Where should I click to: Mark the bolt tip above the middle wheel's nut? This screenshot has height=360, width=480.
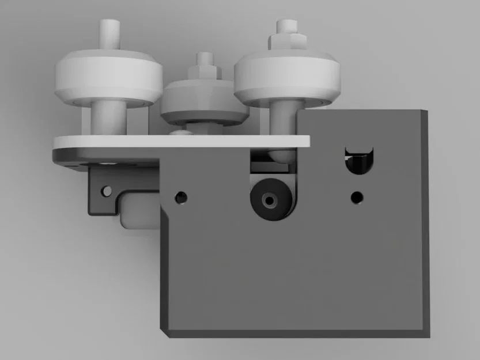pyautogui.click(x=203, y=58)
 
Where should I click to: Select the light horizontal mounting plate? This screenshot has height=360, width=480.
pyautogui.click(x=173, y=142)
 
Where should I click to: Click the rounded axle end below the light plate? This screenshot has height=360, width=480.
pyautogui.click(x=279, y=155)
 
